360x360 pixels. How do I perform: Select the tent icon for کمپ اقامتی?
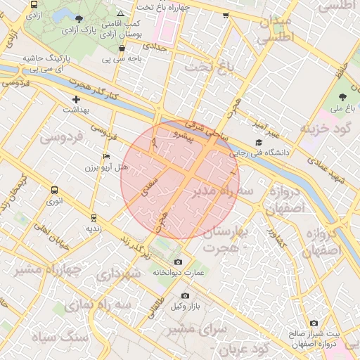(x=121, y=13)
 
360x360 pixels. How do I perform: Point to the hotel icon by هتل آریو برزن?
(x=106, y=155)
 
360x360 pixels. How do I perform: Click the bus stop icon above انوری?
(x=55, y=190)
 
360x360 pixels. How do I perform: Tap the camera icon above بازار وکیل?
(x=185, y=296)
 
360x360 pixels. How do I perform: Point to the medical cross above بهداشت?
(x=77, y=99)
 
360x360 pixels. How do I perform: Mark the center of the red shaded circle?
(x=180, y=179)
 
